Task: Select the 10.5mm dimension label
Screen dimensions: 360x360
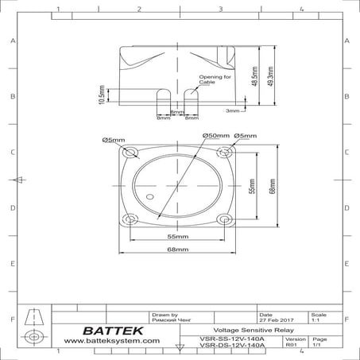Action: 101,95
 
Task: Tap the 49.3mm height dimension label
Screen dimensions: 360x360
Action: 273,77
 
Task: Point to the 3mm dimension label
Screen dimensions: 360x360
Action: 232,110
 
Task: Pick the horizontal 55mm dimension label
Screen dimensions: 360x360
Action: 178,237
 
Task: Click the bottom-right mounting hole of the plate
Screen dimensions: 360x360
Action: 228,220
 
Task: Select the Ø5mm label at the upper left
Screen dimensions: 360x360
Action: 113,140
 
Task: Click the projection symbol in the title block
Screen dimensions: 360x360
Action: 33,327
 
